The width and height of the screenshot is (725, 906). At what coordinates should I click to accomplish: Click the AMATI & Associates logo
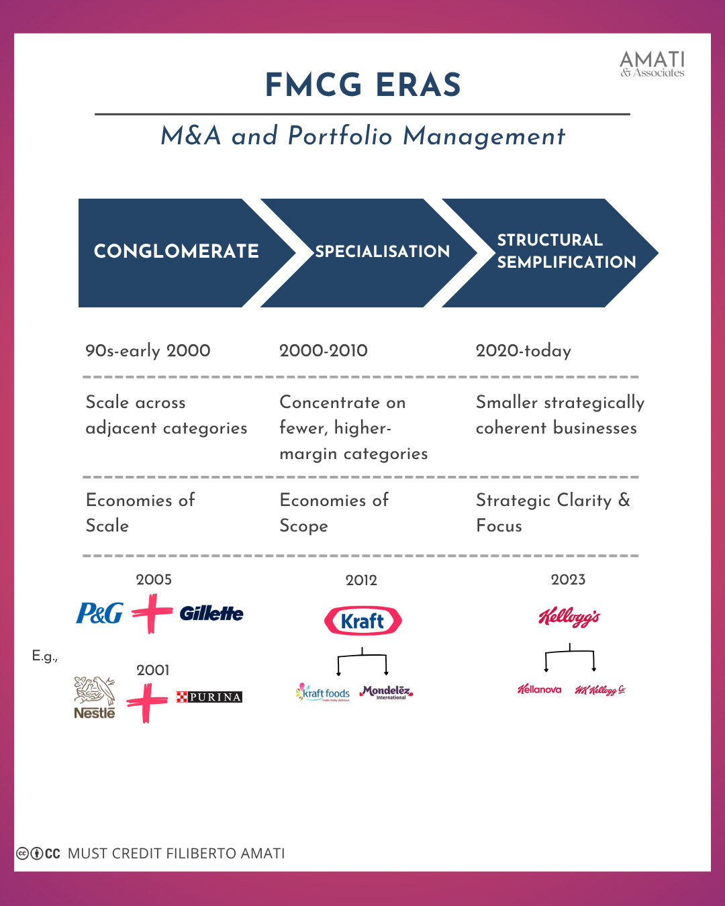coord(652,64)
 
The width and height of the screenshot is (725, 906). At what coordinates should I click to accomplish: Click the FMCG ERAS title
coord(362,85)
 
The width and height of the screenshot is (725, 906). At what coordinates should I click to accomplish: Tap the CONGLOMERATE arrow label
coord(176,252)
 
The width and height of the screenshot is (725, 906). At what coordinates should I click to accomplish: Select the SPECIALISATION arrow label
coord(382,252)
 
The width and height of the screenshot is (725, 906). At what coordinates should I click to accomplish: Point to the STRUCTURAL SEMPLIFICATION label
coord(566,251)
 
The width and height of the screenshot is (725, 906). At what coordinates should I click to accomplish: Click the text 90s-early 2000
coord(148,350)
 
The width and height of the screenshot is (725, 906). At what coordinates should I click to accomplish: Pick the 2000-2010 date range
coord(323,350)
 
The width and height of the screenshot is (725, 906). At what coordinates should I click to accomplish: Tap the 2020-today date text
coord(523,350)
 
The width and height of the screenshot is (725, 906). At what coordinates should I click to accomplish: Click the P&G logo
coord(99,613)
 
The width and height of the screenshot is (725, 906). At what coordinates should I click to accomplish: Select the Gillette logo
coord(211,613)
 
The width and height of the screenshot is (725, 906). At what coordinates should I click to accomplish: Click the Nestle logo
coord(95,698)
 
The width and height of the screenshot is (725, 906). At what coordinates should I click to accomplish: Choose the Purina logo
coord(209,697)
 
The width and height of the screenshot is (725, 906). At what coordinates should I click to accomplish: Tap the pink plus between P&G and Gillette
coord(152,613)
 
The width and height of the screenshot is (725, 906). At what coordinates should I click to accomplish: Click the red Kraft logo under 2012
coord(362,621)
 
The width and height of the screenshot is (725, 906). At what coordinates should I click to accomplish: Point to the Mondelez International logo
coord(386,692)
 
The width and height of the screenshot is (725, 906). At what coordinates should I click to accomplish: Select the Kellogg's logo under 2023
coord(569,617)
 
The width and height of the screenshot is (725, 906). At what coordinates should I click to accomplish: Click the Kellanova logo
coord(539,689)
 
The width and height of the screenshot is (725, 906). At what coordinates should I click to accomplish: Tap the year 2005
coord(154,579)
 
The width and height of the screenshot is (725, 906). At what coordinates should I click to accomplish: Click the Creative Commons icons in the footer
coord(38,854)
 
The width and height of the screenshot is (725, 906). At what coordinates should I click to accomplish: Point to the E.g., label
coord(45,656)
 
